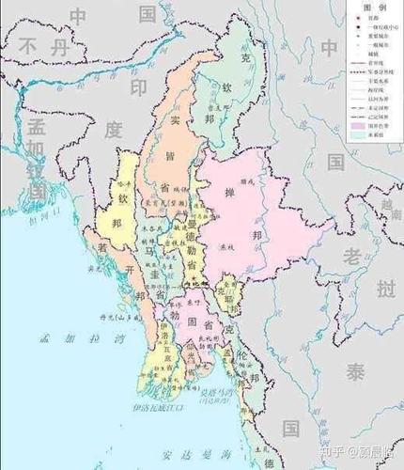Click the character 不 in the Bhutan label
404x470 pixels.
pyautogui.click(x=33, y=45)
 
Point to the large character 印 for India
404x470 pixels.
pyautogui.click(x=138, y=86)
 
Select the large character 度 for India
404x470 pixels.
pyautogui.click(x=114, y=130)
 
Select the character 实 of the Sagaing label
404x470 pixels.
pyautogui.click(x=175, y=120)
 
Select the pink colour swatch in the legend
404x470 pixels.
pyautogui.click(x=358, y=126)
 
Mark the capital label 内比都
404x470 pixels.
pyautogui.click(x=194, y=281)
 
